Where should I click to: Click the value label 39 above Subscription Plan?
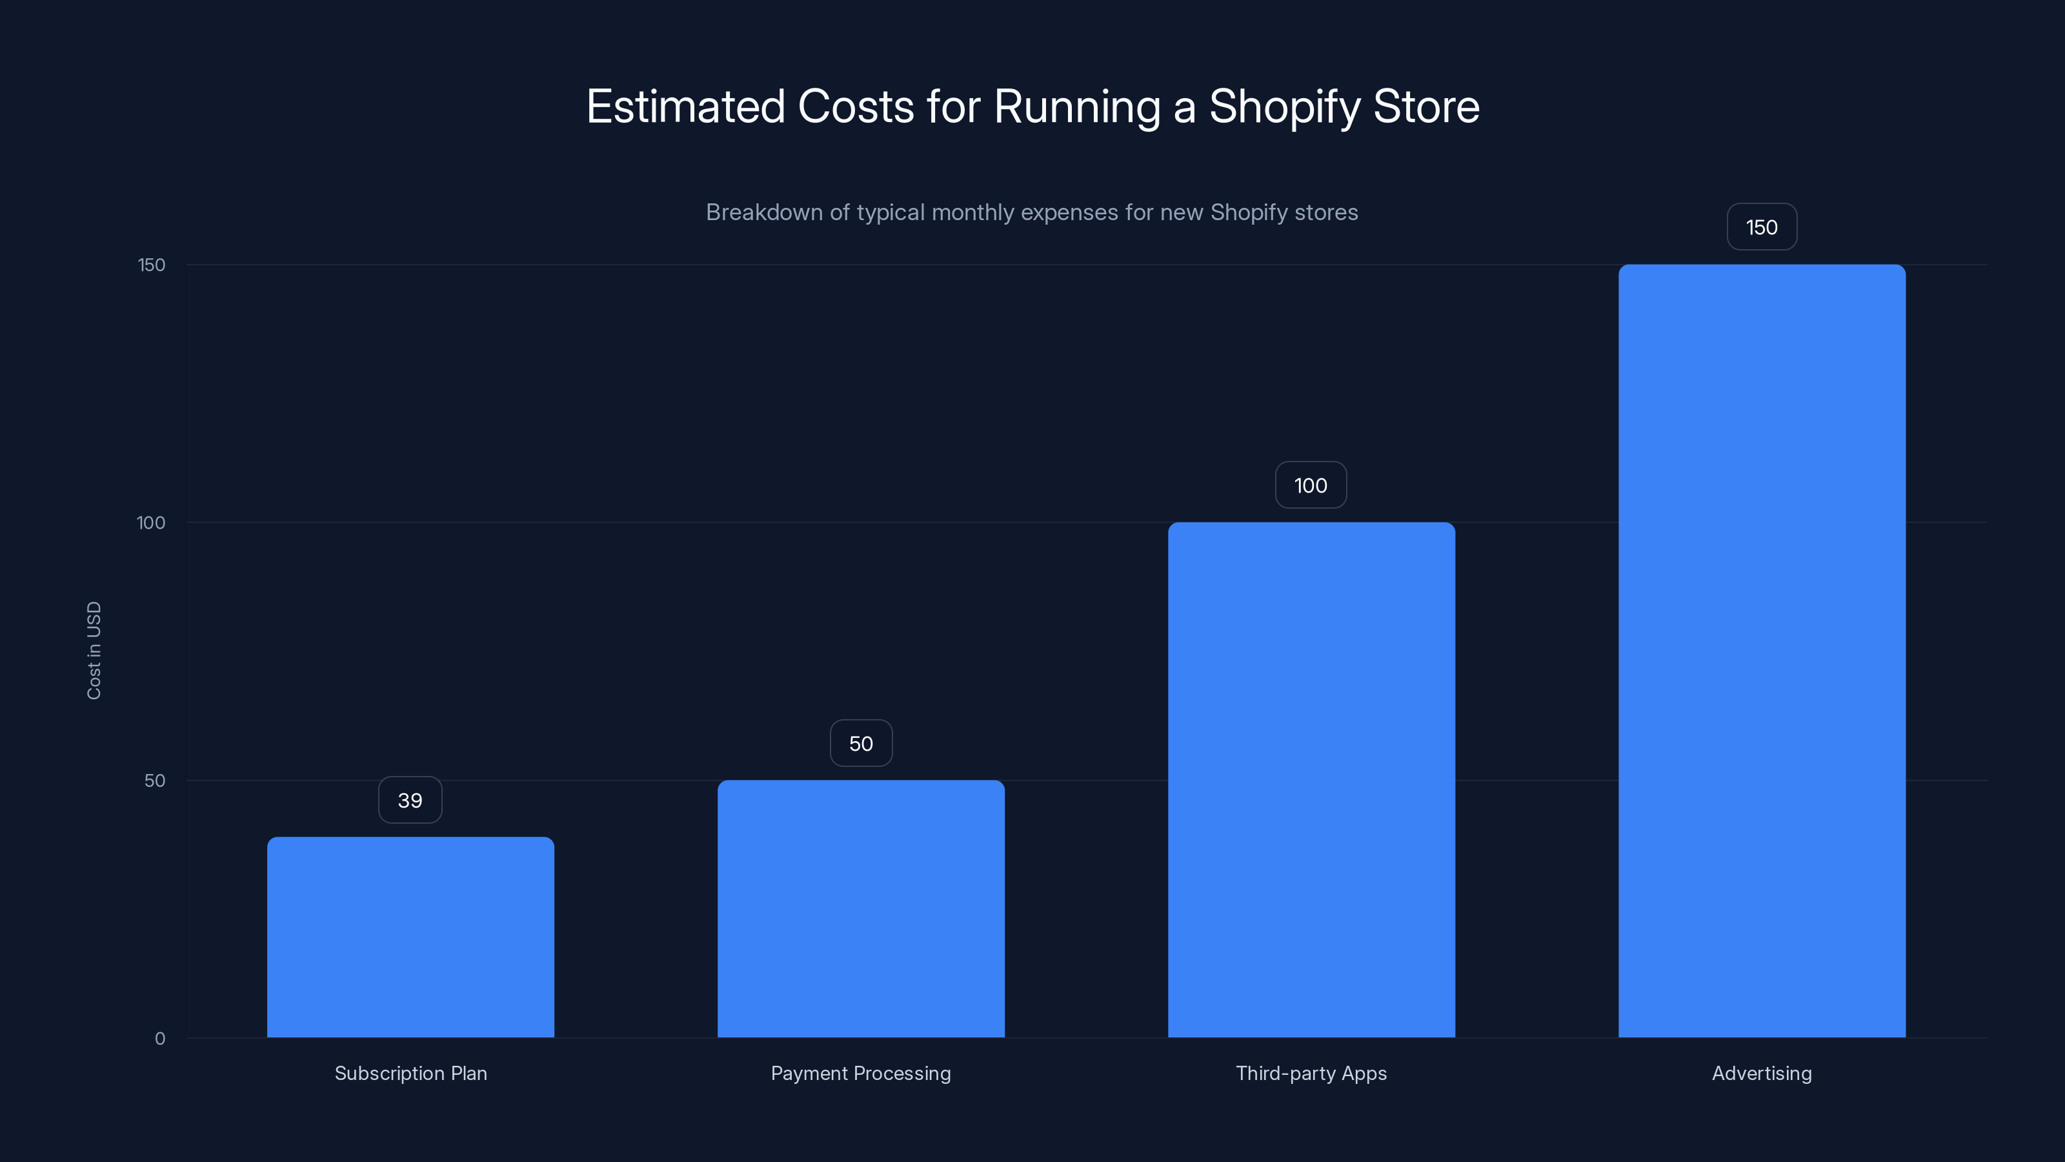[410, 800]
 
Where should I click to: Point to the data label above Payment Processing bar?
[861, 744]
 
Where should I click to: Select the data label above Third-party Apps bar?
[1311, 485]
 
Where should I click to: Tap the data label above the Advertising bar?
[1762, 227]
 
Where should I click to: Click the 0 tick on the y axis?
[160, 1039]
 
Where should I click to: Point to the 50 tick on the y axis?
[155, 780]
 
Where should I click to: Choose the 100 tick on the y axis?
[151, 523]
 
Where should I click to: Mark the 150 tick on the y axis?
[152, 265]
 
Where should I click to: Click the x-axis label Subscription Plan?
[410, 1073]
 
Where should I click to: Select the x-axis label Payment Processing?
[861, 1073]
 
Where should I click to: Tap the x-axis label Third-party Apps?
[1311, 1073]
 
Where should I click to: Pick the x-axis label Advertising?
[1762, 1073]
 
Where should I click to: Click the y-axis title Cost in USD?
[94, 650]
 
